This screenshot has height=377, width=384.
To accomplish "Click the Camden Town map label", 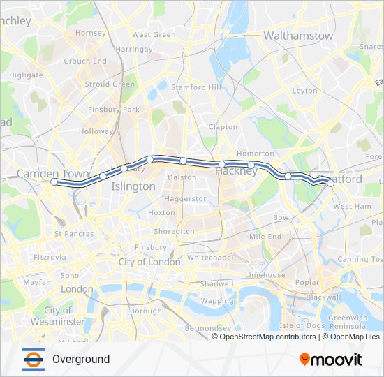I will point(52,173).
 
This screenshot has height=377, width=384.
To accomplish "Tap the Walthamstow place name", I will point(298,35).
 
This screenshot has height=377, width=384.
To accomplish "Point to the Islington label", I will point(133,186).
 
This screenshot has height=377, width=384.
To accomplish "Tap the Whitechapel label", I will point(204,258).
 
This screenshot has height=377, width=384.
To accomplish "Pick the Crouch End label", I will point(85,61).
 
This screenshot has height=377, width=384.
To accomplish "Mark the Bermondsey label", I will point(207,327).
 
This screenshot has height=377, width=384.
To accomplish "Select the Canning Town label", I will point(361,259).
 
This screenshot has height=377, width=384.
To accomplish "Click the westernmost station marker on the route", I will point(54,182).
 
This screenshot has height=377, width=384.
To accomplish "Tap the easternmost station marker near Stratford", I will point(330,184).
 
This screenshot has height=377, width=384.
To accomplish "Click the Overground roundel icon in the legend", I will point(33,359).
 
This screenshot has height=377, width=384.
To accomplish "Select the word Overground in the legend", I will point(81,360).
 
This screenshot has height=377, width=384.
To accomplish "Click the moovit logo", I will point(331,360).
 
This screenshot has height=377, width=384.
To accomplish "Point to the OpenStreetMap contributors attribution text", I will point(267,337).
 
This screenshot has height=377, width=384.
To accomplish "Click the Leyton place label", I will point(305,91).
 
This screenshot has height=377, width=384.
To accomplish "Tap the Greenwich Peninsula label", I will point(348,322).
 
